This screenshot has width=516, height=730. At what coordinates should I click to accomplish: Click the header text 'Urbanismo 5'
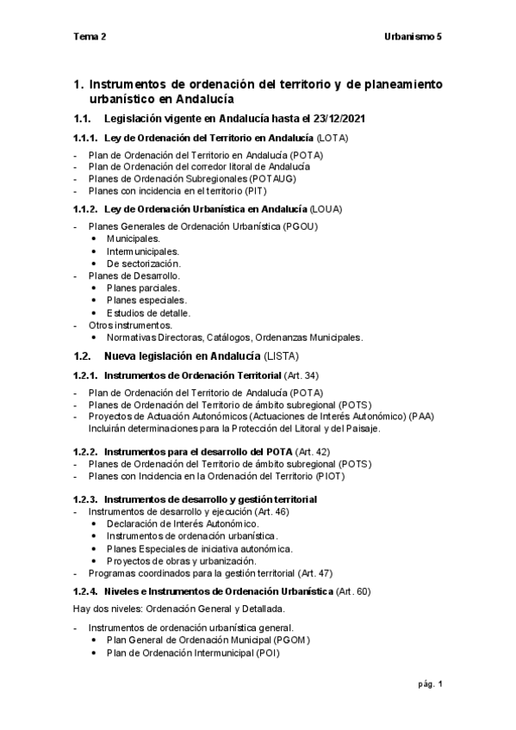(413, 38)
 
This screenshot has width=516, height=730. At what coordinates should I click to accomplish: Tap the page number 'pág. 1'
(428, 684)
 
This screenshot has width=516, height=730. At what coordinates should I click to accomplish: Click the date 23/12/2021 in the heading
(345, 118)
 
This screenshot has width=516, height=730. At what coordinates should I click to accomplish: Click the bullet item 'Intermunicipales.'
(143, 251)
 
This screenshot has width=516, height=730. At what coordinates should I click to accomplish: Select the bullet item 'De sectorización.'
(144, 263)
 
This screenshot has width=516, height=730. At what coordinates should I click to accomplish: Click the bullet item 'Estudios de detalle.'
(148, 312)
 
